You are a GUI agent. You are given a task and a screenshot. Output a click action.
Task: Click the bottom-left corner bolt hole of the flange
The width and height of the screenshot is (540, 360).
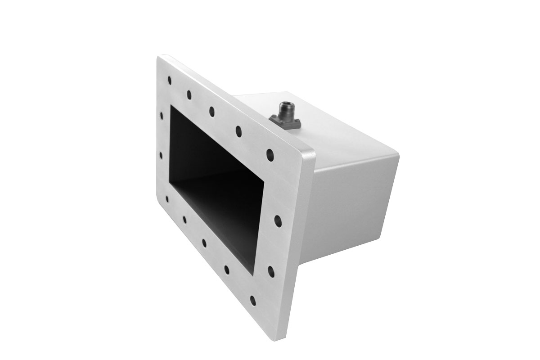click(167, 198)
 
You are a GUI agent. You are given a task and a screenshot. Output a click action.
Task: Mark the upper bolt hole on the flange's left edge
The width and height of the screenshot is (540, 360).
click(162, 116)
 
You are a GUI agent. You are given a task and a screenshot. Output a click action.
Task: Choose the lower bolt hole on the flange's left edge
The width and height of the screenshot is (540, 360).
click(161, 155)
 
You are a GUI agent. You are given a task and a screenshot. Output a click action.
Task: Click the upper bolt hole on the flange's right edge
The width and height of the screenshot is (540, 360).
click(277, 220)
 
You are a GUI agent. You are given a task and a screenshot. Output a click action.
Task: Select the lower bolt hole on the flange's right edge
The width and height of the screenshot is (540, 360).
click(271, 270)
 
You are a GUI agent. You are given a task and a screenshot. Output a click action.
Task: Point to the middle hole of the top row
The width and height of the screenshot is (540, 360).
click(211, 112)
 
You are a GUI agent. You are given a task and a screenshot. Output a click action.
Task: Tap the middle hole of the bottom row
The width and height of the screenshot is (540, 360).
click(204, 243)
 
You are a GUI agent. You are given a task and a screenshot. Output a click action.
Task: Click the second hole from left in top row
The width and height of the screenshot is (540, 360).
click(189, 95)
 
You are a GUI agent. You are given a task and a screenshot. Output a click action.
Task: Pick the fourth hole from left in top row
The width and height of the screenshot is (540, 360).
click(238, 131)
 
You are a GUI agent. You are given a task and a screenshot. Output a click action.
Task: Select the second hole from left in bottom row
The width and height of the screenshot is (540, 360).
click(184, 220)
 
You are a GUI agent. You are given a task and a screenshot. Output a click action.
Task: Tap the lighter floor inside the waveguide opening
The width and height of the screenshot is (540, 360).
click(225, 211)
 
